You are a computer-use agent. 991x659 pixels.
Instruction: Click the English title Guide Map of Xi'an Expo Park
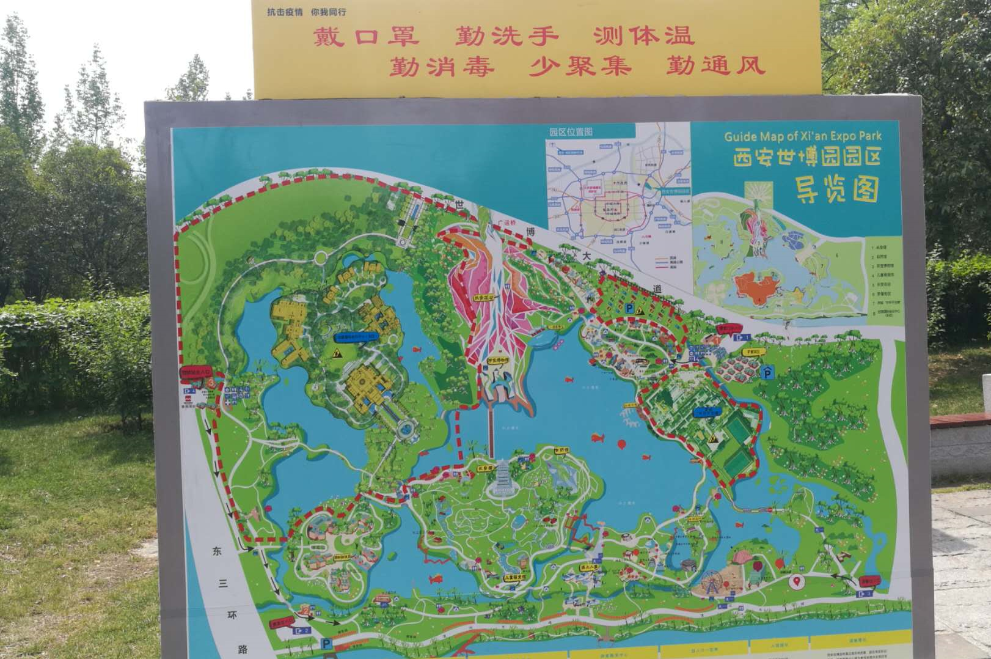(803, 136)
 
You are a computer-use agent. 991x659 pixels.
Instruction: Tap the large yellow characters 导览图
(836, 189)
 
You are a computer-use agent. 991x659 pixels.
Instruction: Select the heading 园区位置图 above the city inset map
(570, 131)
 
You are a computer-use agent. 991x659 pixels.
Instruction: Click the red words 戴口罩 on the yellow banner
(366, 37)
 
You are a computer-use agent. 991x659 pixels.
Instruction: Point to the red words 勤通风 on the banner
(715, 65)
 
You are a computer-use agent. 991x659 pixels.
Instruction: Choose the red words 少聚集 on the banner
(579, 65)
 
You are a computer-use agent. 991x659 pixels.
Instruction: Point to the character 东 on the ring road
(217, 551)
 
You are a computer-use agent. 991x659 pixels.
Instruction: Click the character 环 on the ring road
(233, 615)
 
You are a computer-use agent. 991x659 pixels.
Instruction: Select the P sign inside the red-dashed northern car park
(629, 309)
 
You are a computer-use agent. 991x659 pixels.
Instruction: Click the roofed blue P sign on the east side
(767, 371)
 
